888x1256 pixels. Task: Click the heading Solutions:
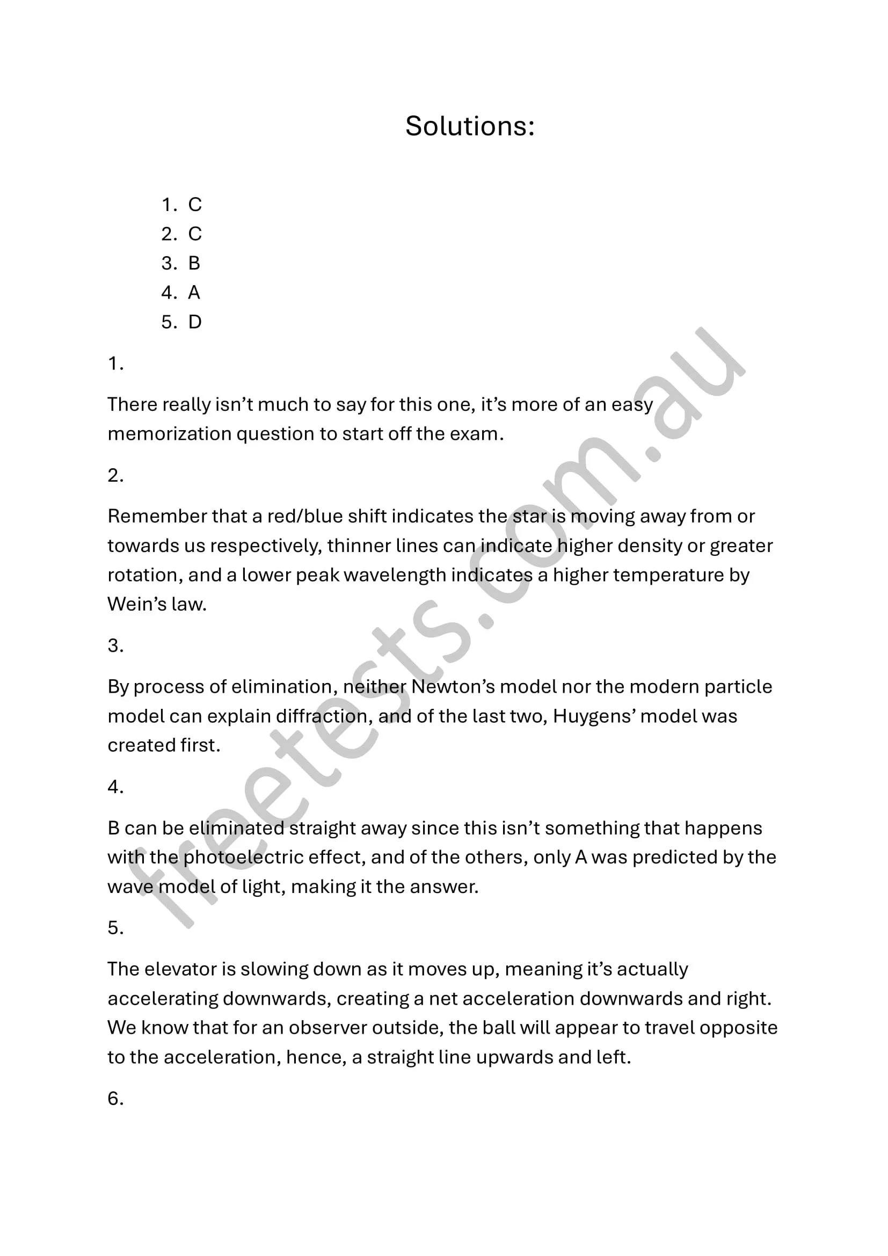point(470,126)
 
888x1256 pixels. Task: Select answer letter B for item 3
point(194,264)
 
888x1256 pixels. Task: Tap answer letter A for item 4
point(194,293)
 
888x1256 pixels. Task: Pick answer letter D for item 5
point(195,322)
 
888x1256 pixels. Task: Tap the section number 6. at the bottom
point(115,1099)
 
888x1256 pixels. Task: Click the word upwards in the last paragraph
point(514,1057)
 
